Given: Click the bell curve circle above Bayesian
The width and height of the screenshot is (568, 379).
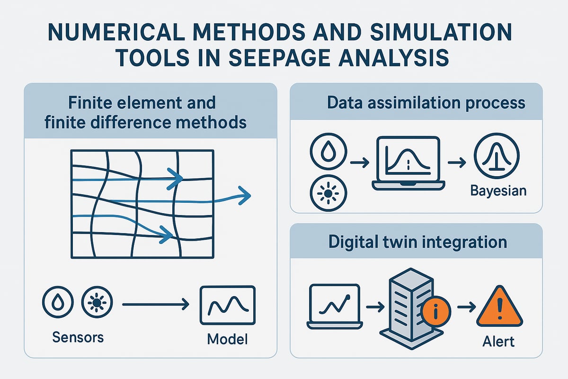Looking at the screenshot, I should point(496,156).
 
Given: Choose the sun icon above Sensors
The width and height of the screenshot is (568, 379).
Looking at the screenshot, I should point(97,301).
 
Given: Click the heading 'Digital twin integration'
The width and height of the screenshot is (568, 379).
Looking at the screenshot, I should point(417,242).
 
